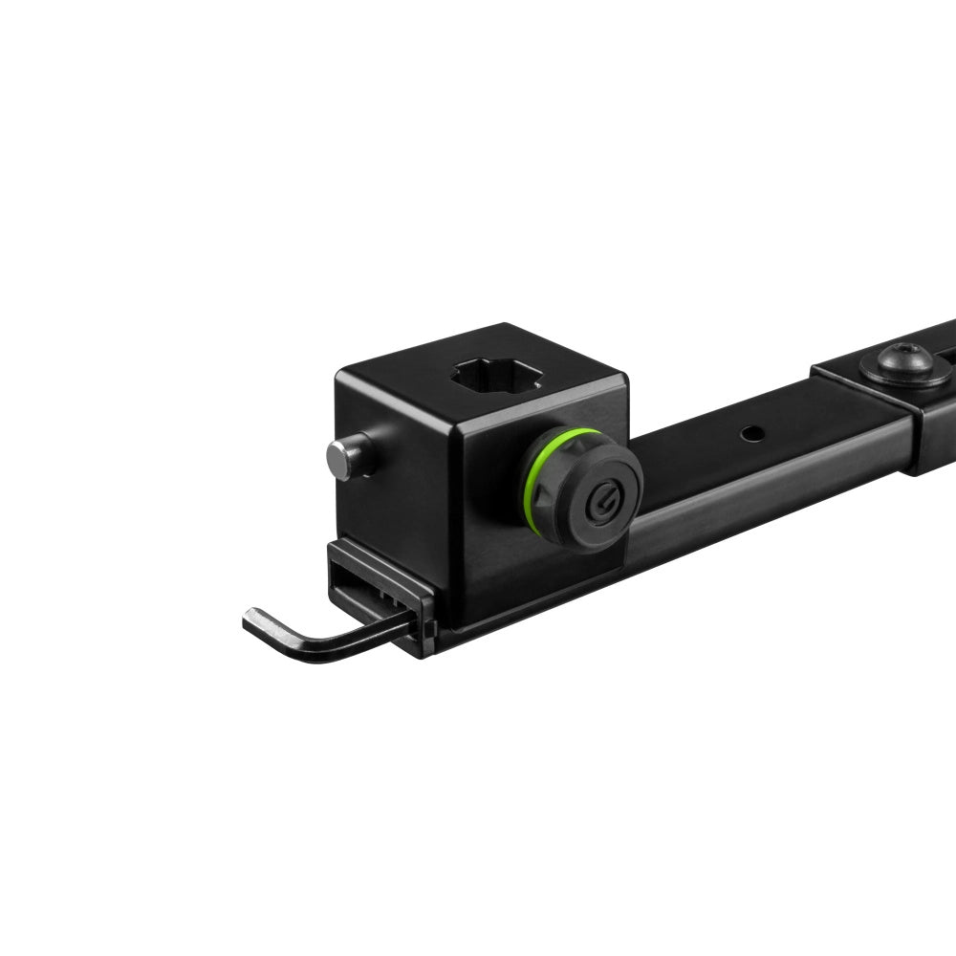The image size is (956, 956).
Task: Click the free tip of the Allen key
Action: pos(250,622)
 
